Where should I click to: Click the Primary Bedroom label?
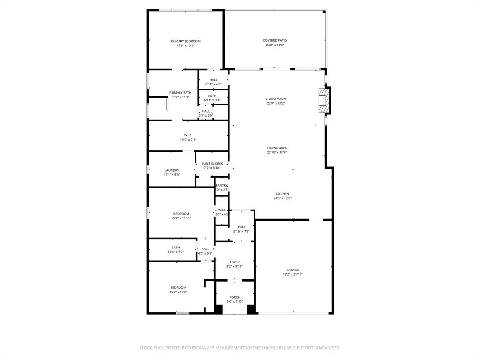185,41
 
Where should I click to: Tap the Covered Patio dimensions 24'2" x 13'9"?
275,45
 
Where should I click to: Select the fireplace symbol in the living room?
323,100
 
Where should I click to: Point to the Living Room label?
276,99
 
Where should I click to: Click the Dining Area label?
277,148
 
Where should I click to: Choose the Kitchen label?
282,194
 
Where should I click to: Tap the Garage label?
292,270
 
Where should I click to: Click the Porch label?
235,297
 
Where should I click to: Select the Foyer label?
234,262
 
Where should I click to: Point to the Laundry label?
172,170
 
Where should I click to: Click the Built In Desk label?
212,164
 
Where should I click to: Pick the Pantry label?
222,186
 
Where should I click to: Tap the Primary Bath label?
180,93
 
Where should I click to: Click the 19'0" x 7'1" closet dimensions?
188,140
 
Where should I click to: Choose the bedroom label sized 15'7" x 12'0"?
178,288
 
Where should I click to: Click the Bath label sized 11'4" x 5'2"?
175,247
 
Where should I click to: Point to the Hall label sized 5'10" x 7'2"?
241,227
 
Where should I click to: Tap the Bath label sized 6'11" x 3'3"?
212,96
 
